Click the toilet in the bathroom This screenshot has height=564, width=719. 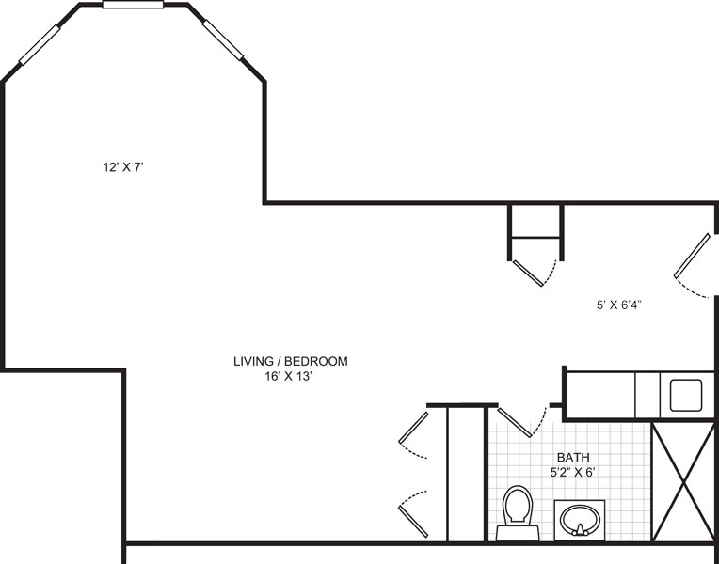(518, 513)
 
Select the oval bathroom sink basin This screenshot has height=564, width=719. (580, 521)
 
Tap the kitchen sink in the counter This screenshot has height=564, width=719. (685, 395)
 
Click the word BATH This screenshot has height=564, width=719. (573, 457)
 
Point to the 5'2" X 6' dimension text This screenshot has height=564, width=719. (573, 472)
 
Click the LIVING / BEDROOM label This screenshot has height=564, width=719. (290, 362)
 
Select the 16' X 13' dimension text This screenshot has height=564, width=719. (288, 377)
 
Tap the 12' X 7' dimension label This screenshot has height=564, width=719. (123, 167)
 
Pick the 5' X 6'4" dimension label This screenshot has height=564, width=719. (618, 305)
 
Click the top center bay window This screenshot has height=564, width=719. (133, 5)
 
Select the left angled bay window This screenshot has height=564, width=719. (40, 44)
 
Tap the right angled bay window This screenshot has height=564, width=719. (223, 39)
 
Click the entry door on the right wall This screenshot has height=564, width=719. (692, 256)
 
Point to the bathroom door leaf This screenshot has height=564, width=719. (515, 422)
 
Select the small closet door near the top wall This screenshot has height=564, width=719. (528, 274)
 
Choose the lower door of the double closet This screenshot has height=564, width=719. (413, 522)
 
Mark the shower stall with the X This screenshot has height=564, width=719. (683, 481)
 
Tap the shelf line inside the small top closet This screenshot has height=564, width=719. (535, 238)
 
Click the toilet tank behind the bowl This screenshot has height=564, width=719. (518, 533)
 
